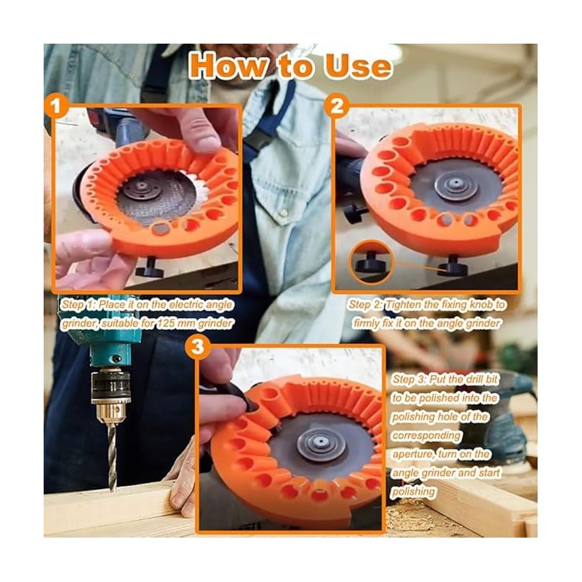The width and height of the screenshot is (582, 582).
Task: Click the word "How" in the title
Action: [231, 65]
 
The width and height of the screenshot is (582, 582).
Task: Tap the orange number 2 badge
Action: [336, 107]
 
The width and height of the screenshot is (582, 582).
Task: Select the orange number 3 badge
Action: [198, 348]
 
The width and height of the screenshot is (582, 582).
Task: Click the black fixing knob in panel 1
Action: [154, 269]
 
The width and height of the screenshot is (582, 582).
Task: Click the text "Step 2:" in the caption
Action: [367, 305]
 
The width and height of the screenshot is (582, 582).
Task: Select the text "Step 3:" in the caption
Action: [411, 379]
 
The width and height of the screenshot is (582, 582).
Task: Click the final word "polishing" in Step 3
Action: [415, 492]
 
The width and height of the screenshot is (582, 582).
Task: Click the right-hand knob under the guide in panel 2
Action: [454, 267]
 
